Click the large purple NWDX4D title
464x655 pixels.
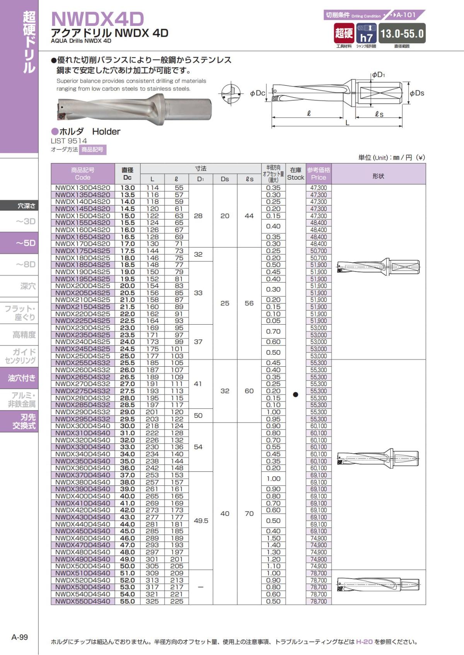point(97,19)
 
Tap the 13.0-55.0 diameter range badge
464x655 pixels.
point(402,34)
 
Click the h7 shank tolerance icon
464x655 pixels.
point(366,34)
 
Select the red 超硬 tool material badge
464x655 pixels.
point(344,33)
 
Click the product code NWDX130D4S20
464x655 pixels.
point(82,188)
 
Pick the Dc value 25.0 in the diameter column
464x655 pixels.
point(127,356)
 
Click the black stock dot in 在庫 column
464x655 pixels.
point(295,395)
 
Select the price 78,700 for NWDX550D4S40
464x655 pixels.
point(319,601)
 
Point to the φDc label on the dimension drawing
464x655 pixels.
point(257,93)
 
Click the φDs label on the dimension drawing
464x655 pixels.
point(417,93)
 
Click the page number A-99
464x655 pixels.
point(20,637)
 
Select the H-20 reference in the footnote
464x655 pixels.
point(364,641)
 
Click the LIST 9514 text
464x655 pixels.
point(69,141)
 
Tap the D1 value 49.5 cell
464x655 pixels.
point(201,521)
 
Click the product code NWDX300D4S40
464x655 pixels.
point(82,426)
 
